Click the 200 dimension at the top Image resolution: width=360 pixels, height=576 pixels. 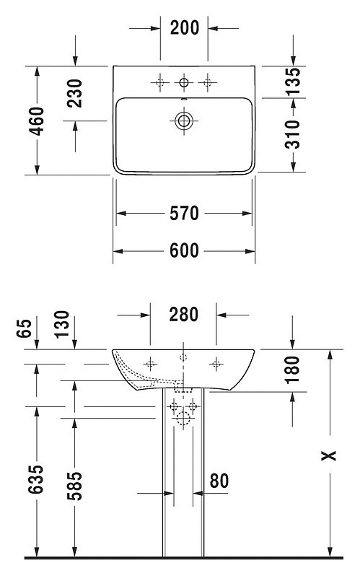pyautogui.click(x=185, y=28)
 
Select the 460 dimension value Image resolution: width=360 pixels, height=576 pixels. pyautogui.click(x=37, y=121)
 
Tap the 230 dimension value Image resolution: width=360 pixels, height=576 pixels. pyautogui.click(x=75, y=93)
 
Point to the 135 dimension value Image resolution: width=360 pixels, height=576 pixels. pyautogui.click(x=293, y=81)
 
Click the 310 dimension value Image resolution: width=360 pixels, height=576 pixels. pyautogui.click(x=293, y=134)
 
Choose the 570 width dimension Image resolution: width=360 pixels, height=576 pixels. pyautogui.click(x=184, y=214)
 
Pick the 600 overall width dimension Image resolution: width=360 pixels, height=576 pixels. pyautogui.click(x=184, y=251)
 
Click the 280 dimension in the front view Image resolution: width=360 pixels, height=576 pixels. pyautogui.click(x=184, y=315)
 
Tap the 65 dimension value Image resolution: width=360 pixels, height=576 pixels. pyautogui.click(x=25, y=328)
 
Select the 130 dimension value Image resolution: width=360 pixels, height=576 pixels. pyautogui.click(x=62, y=324)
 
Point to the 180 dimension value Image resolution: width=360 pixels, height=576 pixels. pyautogui.click(x=293, y=370)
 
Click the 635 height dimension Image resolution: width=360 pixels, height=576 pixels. pyautogui.click(x=36, y=479)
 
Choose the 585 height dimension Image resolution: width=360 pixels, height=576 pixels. pyautogui.click(x=74, y=486)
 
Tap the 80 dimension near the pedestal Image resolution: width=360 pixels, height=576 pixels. pyautogui.click(x=219, y=481)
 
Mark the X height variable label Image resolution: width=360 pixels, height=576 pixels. pyautogui.click(x=329, y=455)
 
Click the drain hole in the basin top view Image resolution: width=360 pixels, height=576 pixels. pyautogui.click(x=184, y=121)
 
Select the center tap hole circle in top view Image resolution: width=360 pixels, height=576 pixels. pyautogui.click(x=184, y=82)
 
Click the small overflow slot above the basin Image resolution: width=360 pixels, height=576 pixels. pyautogui.click(x=184, y=98)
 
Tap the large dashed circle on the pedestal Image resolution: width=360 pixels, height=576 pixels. pyautogui.click(x=183, y=418)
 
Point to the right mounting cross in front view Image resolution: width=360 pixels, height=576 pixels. pyautogui.click(x=216, y=364)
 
